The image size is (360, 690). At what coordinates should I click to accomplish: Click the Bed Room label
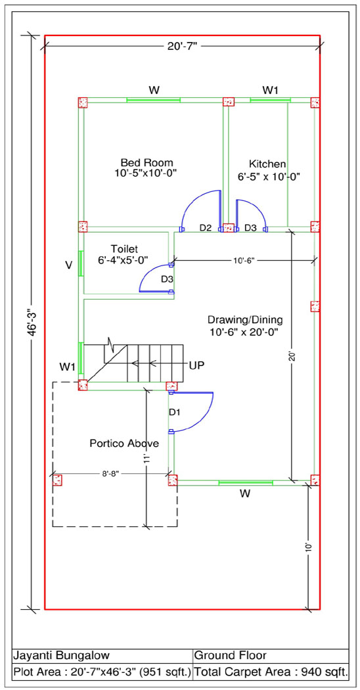coord(147,162)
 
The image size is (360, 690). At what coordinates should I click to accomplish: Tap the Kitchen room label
coord(267,164)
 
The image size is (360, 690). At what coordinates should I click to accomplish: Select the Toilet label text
coord(125,250)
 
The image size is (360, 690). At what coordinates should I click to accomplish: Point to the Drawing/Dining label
coord(245,319)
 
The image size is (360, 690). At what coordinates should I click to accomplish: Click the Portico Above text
coord(125,443)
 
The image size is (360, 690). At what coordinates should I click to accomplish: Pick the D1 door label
coord(175,412)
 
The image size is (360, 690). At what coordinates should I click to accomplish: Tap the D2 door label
coord(206,228)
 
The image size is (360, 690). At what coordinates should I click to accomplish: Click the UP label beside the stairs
coord(196,365)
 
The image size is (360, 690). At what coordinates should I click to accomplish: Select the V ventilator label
coord(68,265)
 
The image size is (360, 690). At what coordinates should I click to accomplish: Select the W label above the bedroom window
coord(154,90)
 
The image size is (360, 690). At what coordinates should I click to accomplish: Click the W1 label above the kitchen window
coord(271,90)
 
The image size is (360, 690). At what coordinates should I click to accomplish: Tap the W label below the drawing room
coord(245,494)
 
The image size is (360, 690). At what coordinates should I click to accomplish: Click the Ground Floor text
coord(230,655)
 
